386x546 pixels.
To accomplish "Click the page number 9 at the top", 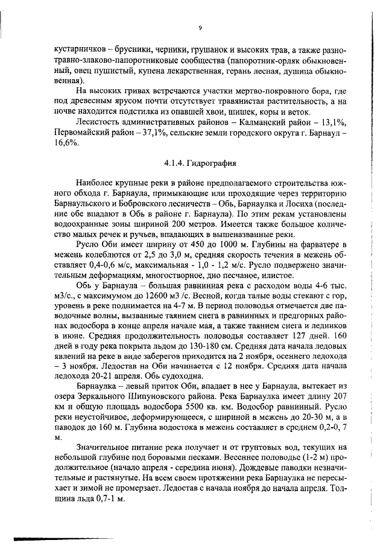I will point(200,27).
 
